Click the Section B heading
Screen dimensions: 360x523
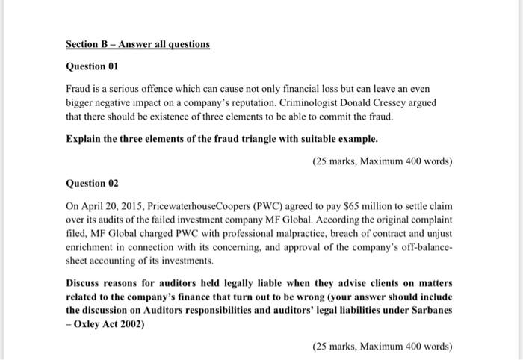click(138, 44)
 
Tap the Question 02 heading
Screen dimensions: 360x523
click(93, 182)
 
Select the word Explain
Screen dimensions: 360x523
click(84, 140)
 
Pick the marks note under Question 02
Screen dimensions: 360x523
click(383, 347)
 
